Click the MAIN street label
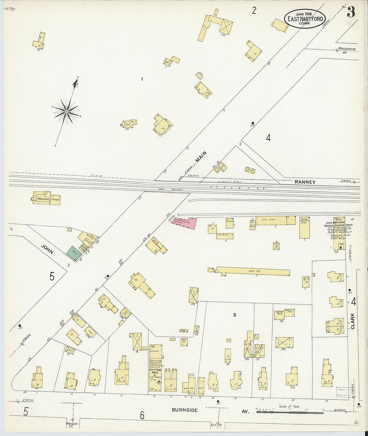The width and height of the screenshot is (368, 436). pyautogui.click(x=201, y=157)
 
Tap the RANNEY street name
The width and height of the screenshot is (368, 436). pyautogui.click(x=305, y=182)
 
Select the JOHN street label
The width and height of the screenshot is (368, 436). pyautogui.click(x=47, y=249)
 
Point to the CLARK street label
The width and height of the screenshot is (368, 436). pyautogui.click(x=353, y=321)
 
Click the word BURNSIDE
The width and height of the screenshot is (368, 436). pyautogui.click(x=185, y=410)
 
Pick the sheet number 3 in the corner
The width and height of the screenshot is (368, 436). pyautogui.click(x=351, y=13)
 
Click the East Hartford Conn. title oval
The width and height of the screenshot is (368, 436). pyautogui.click(x=304, y=19)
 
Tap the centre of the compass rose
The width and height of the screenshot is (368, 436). pyautogui.click(x=67, y=111)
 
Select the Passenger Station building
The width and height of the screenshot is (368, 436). pyautogui.click(x=47, y=198)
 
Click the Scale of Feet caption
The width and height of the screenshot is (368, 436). pyautogui.click(x=289, y=407)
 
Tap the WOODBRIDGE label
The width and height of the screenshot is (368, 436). pyautogui.click(x=347, y=49)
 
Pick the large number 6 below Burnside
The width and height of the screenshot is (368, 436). pyautogui.click(x=142, y=415)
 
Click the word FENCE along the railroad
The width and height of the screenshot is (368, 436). pyautogui.click(x=96, y=176)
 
